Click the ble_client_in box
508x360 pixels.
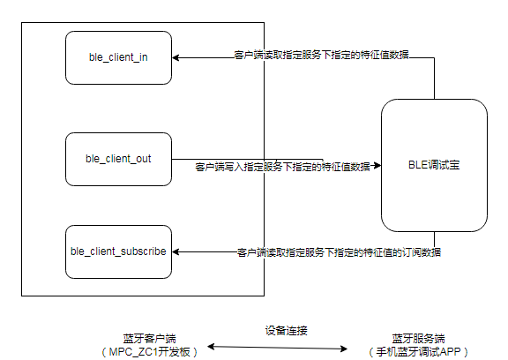coord(117,57)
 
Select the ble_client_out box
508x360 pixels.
coord(117,159)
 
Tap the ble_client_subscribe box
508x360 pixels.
coord(117,251)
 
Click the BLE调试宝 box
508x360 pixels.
coord(434,165)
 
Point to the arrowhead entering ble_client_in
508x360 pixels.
coord(175,58)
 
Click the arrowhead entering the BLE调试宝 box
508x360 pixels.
coord(377,165)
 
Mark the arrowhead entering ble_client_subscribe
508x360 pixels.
coord(175,252)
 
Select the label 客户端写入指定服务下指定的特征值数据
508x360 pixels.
coord(282,166)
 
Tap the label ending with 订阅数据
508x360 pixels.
coord(339,252)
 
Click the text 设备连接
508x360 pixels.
coord(285,330)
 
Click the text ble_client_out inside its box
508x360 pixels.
coord(117,159)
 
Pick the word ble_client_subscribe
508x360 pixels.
coord(117,251)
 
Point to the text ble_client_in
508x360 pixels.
coord(117,57)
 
